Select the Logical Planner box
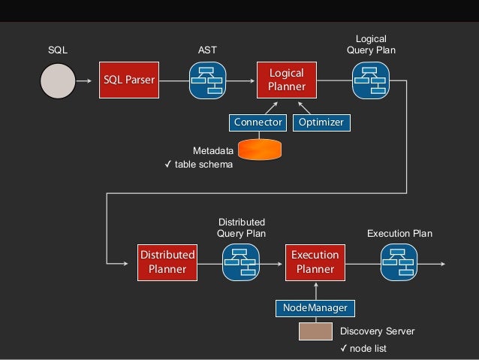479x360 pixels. (x=286, y=80)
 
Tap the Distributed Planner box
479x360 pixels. (x=167, y=262)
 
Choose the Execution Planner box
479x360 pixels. (x=315, y=262)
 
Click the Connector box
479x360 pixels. (x=258, y=122)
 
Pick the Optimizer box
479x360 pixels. (x=321, y=122)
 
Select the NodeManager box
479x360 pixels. (x=315, y=307)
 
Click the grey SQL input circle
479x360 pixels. (x=58, y=80)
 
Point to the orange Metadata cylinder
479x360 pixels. (x=260, y=148)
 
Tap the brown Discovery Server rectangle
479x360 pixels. (x=315, y=331)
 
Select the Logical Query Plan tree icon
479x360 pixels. (x=370, y=80)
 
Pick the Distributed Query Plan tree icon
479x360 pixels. (x=241, y=262)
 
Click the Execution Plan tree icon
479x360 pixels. (x=398, y=262)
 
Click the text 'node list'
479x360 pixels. (x=368, y=349)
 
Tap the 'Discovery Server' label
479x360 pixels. (x=377, y=331)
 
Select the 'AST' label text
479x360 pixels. (x=206, y=50)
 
